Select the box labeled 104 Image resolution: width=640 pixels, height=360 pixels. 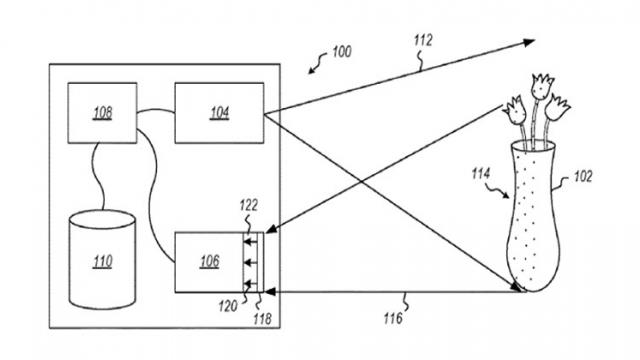click(218, 112)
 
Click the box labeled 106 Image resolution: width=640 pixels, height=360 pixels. click(208, 260)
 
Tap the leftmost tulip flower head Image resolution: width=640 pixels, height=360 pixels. click(516, 106)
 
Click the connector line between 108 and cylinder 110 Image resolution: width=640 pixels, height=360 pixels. click(93, 175)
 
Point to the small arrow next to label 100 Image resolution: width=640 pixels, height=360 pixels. click(317, 66)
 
